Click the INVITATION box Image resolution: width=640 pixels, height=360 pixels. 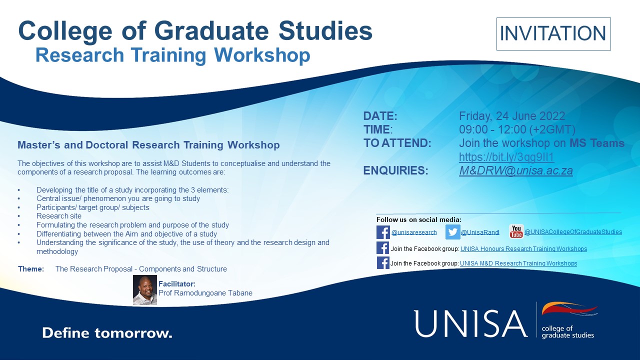coord(553,33)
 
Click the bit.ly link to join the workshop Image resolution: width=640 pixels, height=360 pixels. coord(506,157)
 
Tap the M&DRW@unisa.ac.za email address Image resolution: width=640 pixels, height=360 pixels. coord(515,170)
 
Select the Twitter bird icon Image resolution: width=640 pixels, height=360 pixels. coord(453,231)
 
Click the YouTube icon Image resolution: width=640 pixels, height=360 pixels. coord(516,231)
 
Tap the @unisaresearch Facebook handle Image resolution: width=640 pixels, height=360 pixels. coord(414,232)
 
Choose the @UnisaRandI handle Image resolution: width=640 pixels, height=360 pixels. coord(480,232)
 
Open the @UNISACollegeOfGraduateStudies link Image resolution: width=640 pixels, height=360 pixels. coord(573,231)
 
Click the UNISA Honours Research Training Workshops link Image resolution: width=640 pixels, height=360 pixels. coord(523,249)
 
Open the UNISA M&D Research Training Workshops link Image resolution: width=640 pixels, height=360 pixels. coord(518,263)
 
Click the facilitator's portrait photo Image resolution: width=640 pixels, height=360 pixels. coord(145,290)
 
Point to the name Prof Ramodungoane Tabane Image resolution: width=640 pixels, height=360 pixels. coord(205,293)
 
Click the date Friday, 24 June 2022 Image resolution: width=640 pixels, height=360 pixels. coord(512,116)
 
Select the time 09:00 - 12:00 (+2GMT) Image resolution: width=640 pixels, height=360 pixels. coord(517,129)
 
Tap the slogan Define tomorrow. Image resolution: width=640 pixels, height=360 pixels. coord(107,333)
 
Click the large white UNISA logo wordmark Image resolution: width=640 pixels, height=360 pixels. coord(470,323)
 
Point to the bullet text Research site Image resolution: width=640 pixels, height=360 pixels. coord(59,216)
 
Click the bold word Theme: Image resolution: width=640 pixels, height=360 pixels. coord(31,269)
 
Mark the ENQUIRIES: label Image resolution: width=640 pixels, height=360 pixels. coord(395,170)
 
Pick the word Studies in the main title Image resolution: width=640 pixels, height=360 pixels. coord(325,31)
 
